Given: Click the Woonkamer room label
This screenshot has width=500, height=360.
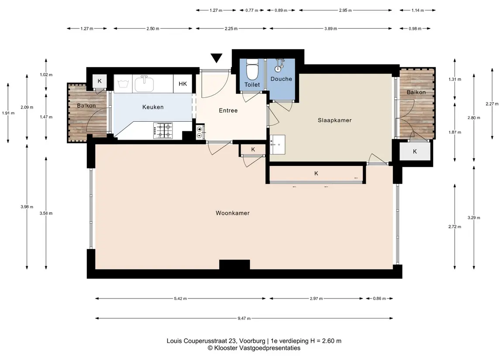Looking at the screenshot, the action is [232, 213].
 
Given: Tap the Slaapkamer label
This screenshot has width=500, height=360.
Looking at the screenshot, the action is [334, 120].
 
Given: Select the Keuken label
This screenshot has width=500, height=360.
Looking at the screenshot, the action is [153, 107].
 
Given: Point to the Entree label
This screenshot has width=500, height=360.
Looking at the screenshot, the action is [228, 110].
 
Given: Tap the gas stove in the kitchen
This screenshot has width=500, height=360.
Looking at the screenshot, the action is [163, 130].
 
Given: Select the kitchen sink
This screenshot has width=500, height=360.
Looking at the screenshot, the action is [144, 83].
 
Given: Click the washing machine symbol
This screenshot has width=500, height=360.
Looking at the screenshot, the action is [123, 84].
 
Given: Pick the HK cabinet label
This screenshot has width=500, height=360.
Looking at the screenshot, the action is [183, 84].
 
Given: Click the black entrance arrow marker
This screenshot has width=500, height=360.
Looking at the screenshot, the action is [216, 58].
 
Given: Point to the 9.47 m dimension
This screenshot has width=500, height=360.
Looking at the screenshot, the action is [244, 318].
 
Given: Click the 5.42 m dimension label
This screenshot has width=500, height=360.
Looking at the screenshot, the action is [180, 298].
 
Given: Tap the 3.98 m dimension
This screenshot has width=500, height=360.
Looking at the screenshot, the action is [27, 207].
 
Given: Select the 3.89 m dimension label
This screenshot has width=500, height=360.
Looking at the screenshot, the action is [331, 29].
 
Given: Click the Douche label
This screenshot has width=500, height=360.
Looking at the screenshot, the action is [281, 79].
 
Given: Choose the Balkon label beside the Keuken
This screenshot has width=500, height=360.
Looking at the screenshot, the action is [86, 106].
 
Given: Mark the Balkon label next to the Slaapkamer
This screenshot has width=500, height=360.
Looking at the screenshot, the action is [416, 92].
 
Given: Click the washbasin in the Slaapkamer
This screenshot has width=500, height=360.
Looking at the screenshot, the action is [277, 144].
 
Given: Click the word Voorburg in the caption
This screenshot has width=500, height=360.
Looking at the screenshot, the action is [252, 341].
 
